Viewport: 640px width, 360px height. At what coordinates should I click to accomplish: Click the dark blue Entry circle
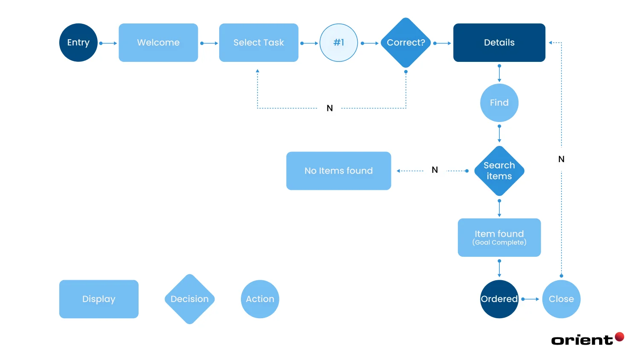pyautogui.click(x=78, y=43)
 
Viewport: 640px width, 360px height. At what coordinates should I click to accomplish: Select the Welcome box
pyautogui.click(x=158, y=43)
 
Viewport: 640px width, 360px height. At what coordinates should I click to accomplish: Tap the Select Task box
pyautogui.click(x=258, y=43)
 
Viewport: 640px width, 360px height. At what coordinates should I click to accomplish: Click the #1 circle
pyautogui.click(x=339, y=43)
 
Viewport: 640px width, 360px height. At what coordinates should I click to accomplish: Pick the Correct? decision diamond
pyautogui.click(x=405, y=43)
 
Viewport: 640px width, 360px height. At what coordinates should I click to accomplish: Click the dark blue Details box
pyautogui.click(x=499, y=43)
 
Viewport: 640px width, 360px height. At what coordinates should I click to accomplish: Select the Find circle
pyautogui.click(x=499, y=103)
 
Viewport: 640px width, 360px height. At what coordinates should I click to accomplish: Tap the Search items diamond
pyautogui.click(x=499, y=171)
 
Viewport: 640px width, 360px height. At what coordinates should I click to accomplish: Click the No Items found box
pyautogui.click(x=339, y=171)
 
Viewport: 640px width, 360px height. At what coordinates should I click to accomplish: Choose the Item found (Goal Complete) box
pyautogui.click(x=499, y=238)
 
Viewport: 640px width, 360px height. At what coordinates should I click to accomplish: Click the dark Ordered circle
pyautogui.click(x=499, y=299)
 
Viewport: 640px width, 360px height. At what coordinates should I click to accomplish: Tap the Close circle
pyautogui.click(x=561, y=299)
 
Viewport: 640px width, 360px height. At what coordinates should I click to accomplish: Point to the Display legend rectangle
pyautogui.click(x=99, y=299)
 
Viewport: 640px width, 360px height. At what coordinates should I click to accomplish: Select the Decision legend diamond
pyautogui.click(x=190, y=299)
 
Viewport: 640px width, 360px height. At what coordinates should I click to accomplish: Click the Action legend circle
pyautogui.click(x=260, y=299)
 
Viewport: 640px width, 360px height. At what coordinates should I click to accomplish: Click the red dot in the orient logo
pyautogui.click(x=620, y=337)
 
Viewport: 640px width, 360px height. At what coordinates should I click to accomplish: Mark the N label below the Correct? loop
pyautogui.click(x=330, y=108)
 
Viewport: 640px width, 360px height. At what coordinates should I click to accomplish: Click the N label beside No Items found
pyautogui.click(x=434, y=170)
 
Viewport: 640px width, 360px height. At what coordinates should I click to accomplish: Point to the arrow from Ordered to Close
pyautogui.click(x=530, y=299)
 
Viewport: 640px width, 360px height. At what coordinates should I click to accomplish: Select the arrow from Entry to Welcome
pyautogui.click(x=108, y=43)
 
